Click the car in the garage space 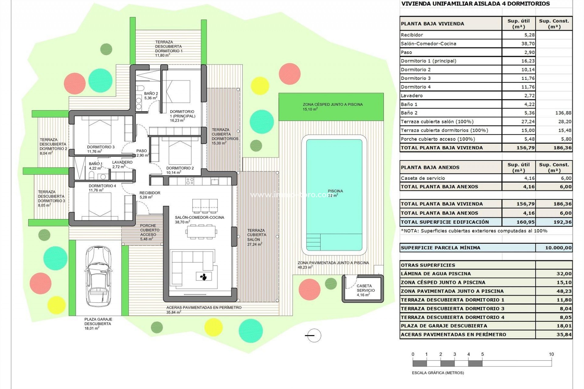98,276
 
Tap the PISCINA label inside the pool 335,191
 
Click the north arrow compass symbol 313,336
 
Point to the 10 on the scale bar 551,354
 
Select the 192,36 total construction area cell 562,222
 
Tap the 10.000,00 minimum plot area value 558,248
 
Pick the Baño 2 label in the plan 151,94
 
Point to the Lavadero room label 122,162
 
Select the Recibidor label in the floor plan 150,193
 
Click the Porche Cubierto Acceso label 148,230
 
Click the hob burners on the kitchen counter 189,181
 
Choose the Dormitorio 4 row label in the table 415,87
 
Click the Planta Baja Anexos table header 430,167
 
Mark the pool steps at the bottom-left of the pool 313,242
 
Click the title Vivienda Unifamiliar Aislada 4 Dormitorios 475,4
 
